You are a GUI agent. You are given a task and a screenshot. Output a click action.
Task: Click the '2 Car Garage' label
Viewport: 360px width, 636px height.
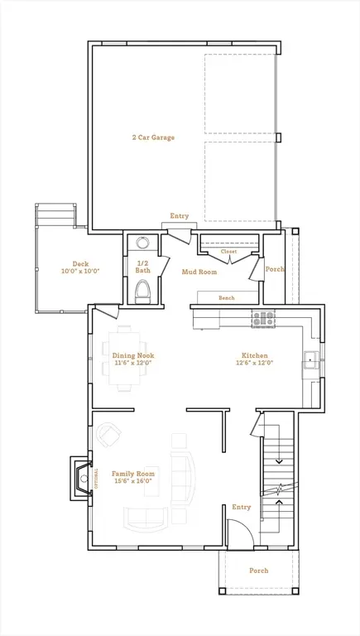point(152,137)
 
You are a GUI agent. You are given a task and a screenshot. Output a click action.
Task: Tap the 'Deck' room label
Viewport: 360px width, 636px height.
point(80,264)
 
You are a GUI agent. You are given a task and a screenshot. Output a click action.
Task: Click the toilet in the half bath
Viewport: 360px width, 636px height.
point(142,291)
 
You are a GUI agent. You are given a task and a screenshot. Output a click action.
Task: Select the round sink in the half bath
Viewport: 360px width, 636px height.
point(142,243)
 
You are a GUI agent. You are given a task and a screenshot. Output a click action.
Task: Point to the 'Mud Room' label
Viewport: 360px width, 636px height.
point(199,271)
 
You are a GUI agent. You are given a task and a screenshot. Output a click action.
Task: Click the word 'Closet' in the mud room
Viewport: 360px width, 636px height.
point(228,251)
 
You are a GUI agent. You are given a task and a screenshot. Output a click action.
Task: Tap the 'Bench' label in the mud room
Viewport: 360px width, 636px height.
point(226,298)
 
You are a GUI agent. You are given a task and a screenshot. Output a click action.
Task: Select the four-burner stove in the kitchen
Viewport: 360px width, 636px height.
point(262,318)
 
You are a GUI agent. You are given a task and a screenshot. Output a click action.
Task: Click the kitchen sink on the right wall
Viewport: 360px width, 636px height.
point(311,359)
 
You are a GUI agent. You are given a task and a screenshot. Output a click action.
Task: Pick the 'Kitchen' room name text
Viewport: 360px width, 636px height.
point(254,355)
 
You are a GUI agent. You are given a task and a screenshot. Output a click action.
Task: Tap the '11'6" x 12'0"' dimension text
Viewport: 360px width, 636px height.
point(133,364)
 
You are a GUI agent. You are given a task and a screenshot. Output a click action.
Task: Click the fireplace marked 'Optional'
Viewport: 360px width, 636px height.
point(83,478)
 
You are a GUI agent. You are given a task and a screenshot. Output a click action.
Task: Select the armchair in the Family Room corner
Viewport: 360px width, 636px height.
point(108,434)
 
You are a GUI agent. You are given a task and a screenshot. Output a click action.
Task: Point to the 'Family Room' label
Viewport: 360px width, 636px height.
point(133,474)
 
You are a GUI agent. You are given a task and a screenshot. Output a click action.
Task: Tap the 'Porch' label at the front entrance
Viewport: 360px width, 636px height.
point(258,571)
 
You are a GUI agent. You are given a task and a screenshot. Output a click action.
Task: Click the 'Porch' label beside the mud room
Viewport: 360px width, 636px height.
point(274,268)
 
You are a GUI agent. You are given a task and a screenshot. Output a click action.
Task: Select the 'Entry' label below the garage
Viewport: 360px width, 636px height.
point(180,216)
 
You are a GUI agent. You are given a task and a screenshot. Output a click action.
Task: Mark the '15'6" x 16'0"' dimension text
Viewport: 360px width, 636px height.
point(133,482)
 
